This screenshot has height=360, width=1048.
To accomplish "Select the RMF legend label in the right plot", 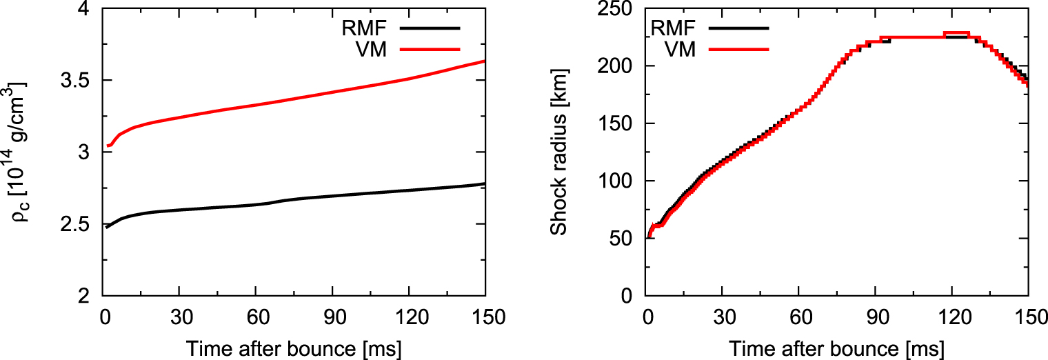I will pos(673,28).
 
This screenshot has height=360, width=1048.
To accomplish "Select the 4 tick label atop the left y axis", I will pos(85,9).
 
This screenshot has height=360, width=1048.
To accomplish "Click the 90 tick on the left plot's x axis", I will pos(332,318).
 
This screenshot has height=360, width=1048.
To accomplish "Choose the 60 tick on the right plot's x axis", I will pos(798,318).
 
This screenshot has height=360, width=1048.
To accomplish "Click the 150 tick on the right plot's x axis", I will pos(1027,318).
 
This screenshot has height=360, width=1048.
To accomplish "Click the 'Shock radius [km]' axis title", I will pos(558,152).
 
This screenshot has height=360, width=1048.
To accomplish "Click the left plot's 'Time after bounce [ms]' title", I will pos(294,348).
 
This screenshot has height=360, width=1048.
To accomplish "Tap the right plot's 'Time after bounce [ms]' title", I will pos(837,348).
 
